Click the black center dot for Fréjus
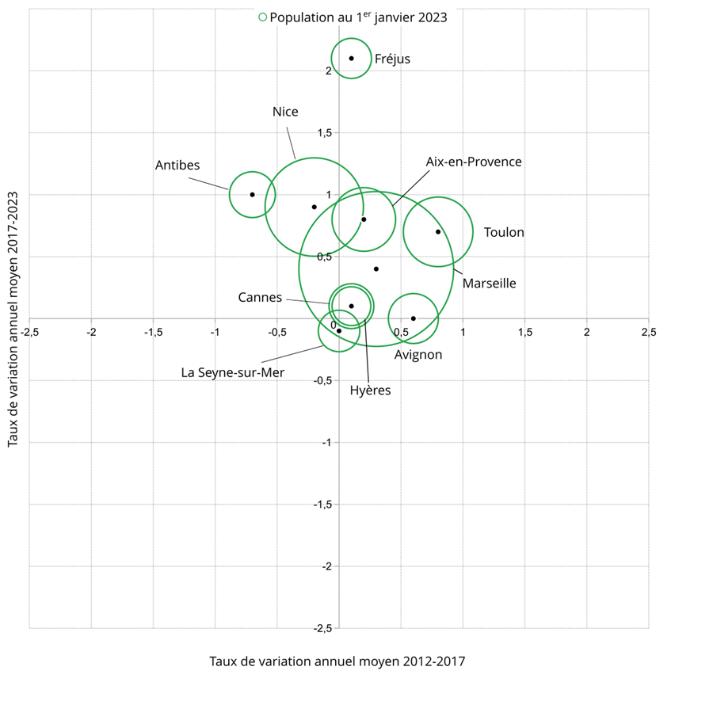352,58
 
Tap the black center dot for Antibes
253,194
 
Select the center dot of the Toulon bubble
438,231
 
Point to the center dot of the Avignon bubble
414,318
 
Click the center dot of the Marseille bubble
376,269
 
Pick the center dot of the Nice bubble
315,207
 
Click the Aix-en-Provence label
474,162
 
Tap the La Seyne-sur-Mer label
232,371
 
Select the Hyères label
370,391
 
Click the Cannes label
260,298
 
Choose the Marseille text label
489,283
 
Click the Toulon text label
504,232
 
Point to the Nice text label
285,112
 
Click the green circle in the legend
263,17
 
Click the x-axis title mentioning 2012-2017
337,661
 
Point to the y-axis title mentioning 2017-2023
13,318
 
